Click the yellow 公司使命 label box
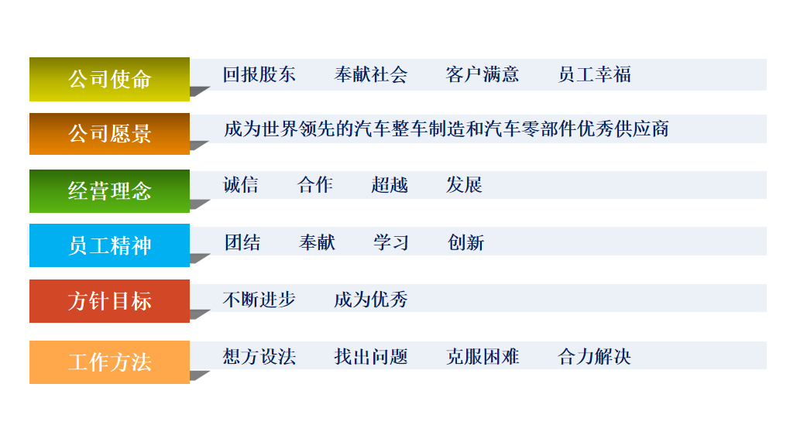pos(109,79)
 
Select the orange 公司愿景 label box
pos(109,134)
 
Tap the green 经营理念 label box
pos(109,190)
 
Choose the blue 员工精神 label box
pos(109,245)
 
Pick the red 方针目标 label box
pos(109,301)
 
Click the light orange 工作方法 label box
pos(109,362)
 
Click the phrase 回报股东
pos(259,74)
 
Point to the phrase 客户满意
pos(482,74)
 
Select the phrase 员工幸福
pos(594,74)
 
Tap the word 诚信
pos(240,185)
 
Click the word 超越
pos(389,185)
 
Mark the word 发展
pos(464,185)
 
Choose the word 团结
pos(242,242)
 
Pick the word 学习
pos(390,242)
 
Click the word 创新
pos(465,242)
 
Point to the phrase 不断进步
pos(259,299)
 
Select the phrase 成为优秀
pos(370,299)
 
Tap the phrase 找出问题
pos(370,356)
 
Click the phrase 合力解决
pos(594,356)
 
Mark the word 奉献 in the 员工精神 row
pos(317,242)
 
